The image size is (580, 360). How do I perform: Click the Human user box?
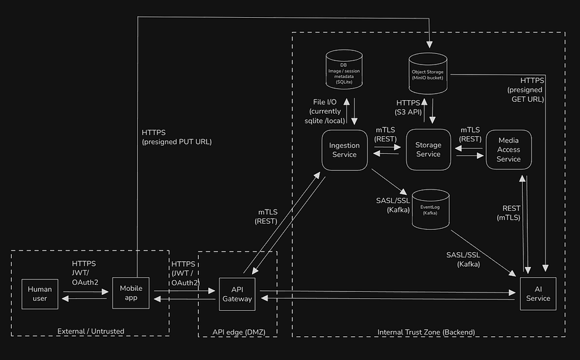(40, 294)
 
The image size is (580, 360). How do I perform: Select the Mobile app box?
(131, 292)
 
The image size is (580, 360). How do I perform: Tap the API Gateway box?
(237, 294)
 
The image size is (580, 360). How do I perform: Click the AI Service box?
(538, 294)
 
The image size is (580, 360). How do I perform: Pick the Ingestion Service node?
(344, 150)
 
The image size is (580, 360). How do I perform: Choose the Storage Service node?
(428, 149)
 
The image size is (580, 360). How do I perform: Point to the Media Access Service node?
(508, 150)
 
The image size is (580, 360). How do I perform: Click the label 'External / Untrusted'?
(91, 331)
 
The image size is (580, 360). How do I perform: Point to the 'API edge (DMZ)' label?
(237, 331)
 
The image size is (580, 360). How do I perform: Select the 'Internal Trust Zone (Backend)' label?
(426, 331)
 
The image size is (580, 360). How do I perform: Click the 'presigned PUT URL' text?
(176, 142)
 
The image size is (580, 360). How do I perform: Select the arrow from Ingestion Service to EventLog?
(389, 182)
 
